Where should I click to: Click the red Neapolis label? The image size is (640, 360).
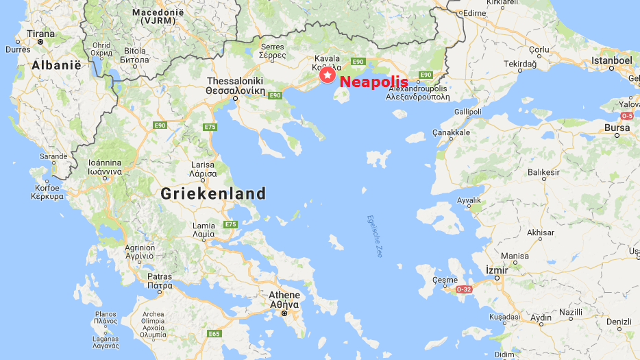point(373,82)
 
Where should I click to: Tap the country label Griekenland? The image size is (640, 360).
point(213,194)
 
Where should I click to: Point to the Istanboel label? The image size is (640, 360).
point(611,60)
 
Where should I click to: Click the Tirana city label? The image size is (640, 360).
point(40,34)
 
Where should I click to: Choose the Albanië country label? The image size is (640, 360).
point(56,65)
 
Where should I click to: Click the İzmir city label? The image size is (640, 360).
point(496,269)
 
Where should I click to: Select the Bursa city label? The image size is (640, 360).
point(617,128)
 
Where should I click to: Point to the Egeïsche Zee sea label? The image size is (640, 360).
point(375,237)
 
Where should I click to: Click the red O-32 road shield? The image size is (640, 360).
point(465,289)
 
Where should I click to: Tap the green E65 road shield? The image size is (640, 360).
point(214,333)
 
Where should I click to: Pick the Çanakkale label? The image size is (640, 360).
point(451,132)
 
